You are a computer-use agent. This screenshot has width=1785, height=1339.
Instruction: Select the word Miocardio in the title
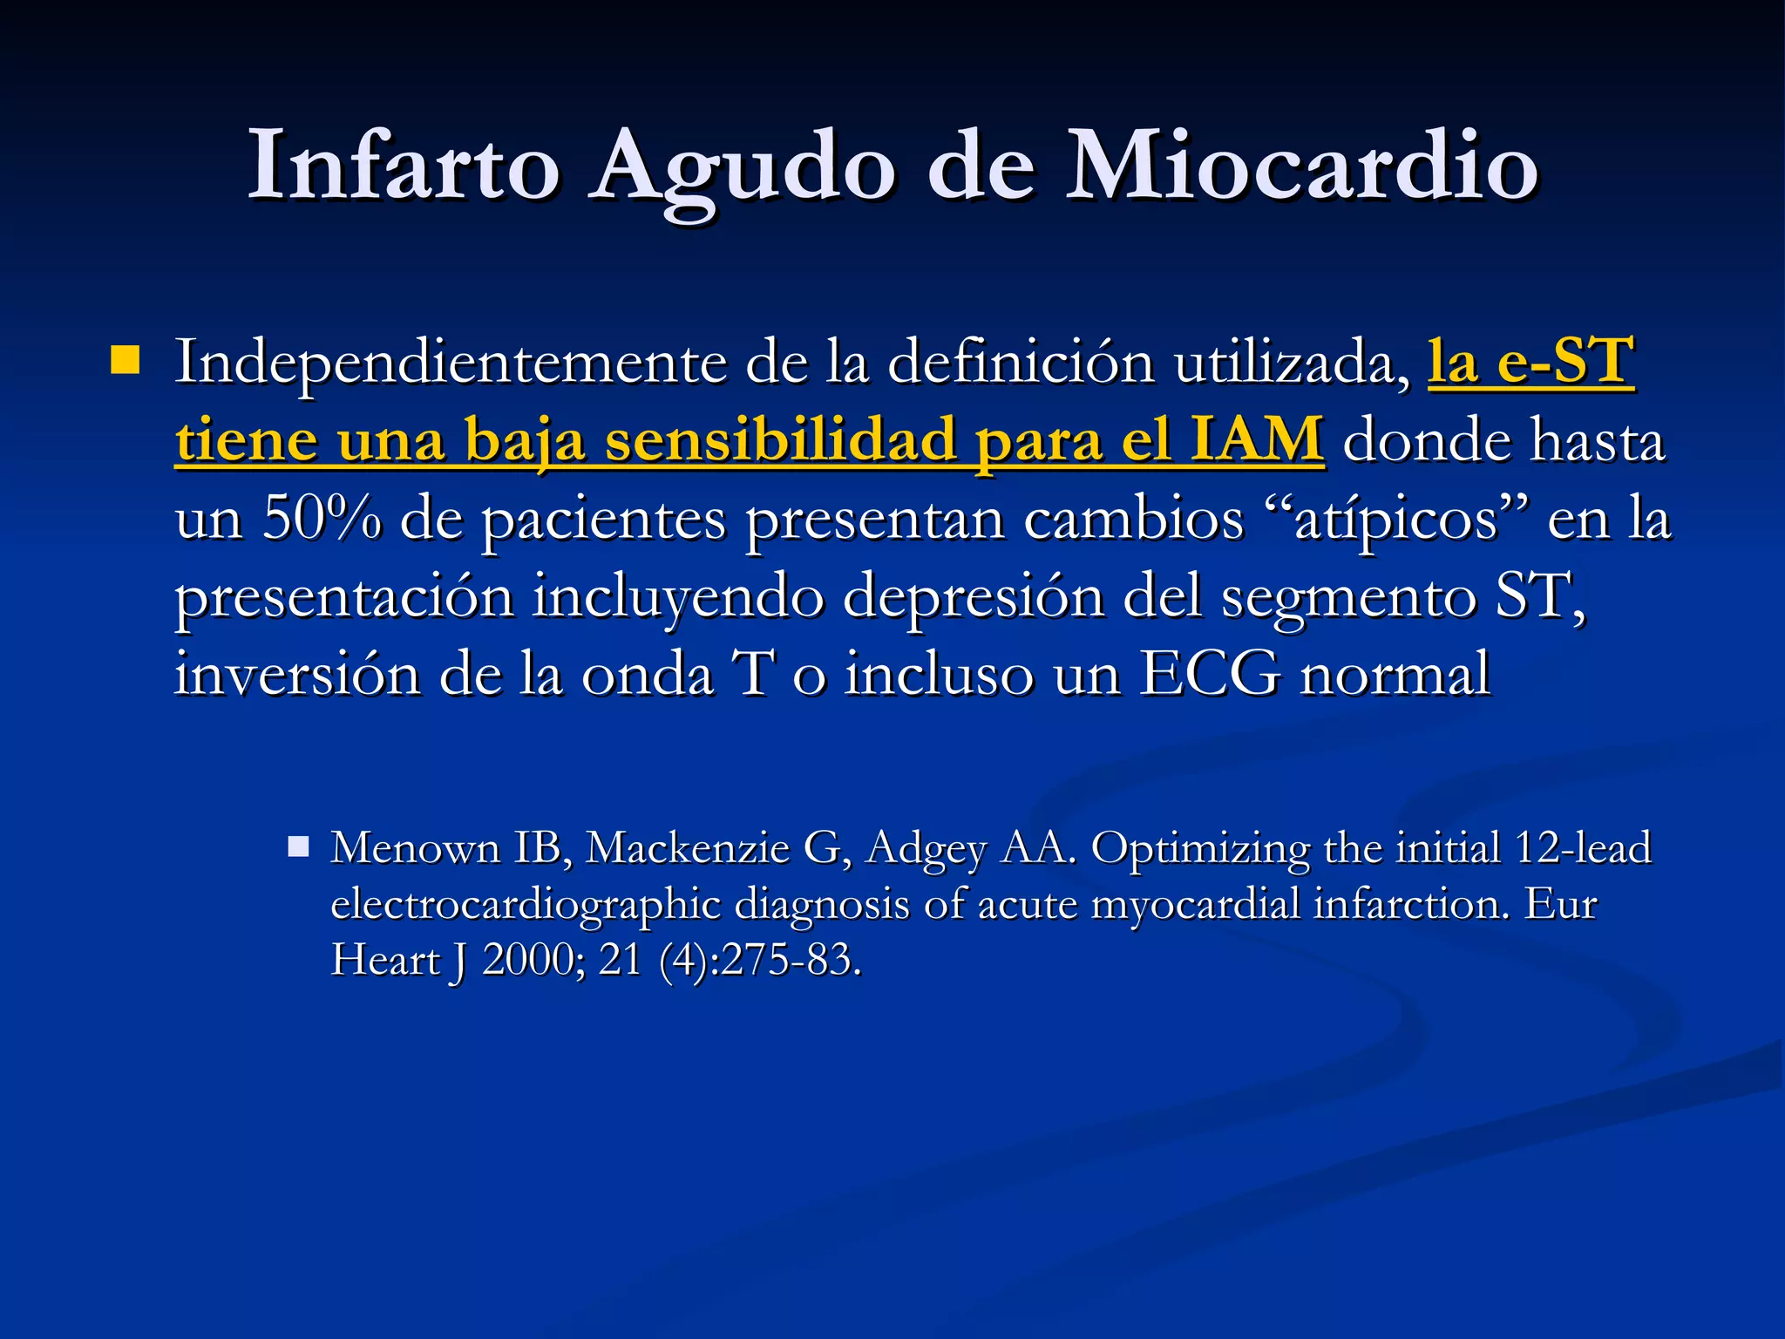(x=1302, y=166)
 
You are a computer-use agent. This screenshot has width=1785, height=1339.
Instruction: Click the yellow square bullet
(x=126, y=360)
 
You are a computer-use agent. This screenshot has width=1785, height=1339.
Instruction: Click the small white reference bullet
(x=299, y=846)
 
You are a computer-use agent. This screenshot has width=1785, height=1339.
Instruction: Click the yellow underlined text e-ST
(x=1564, y=361)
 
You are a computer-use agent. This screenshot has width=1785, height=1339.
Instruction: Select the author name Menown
(x=415, y=848)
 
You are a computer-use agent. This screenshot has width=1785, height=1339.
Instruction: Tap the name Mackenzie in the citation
(x=687, y=848)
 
